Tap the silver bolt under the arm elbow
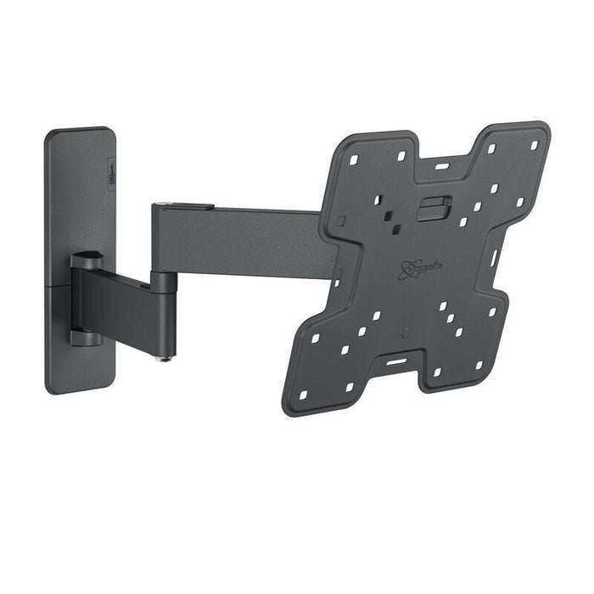(x=165, y=357)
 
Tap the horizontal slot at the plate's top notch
(x=443, y=166)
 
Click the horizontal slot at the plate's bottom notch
(x=396, y=361)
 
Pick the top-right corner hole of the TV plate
(x=535, y=145)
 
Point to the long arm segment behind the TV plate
(x=246, y=242)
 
